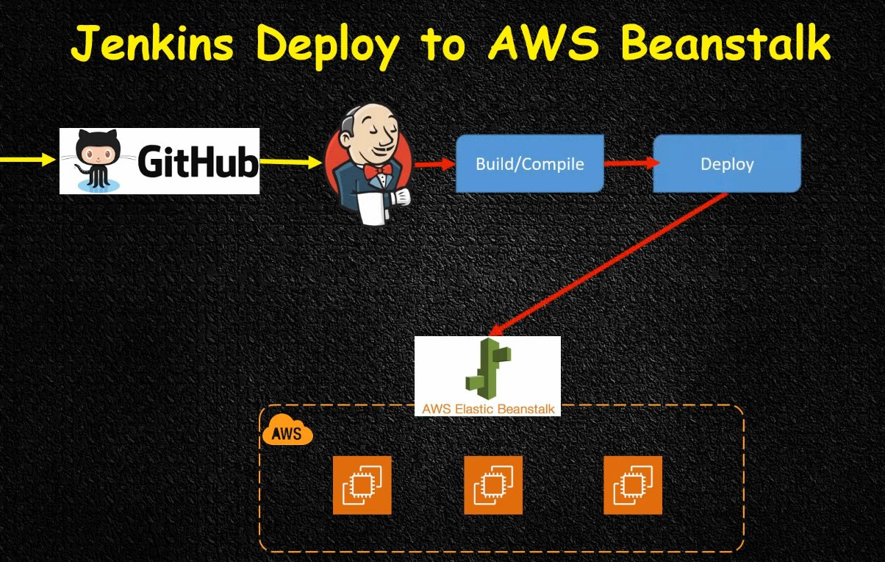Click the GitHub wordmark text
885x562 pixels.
pos(198,163)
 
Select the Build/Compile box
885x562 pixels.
pos(529,163)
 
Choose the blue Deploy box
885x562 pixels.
pos(726,163)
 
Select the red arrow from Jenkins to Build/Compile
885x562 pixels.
pos(434,164)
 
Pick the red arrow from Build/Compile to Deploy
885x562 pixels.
pos(628,163)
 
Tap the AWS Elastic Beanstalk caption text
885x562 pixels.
pos(487,408)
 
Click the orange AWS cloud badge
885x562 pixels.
pos(287,432)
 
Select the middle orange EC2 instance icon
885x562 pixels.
pos(493,485)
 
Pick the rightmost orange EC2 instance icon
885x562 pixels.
pos(632,485)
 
